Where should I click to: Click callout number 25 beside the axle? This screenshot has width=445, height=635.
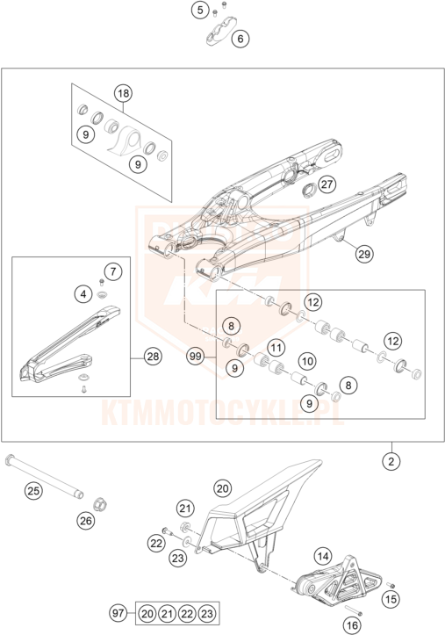(33, 491)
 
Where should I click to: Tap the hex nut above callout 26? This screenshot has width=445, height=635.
(98, 505)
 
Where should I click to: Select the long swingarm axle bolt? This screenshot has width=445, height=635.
(44, 477)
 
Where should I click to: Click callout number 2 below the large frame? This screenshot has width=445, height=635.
(391, 461)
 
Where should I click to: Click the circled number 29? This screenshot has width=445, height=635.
(364, 254)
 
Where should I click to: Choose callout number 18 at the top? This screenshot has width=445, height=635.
(124, 94)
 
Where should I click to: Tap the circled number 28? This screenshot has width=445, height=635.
(153, 357)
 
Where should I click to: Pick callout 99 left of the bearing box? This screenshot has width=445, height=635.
(196, 357)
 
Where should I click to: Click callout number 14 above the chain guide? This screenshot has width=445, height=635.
(323, 556)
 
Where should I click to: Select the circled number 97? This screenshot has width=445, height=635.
(118, 613)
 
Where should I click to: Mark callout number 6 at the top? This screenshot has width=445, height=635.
(240, 39)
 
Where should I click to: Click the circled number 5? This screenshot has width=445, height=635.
(200, 10)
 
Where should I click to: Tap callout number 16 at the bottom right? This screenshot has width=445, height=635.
(352, 625)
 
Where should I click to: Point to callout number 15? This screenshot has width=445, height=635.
(391, 599)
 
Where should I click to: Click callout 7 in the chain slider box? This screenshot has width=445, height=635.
(113, 271)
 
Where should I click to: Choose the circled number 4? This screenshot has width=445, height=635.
(83, 293)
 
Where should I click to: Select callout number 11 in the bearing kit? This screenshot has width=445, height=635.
(276, 348)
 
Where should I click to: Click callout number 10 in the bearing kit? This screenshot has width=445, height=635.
(307, 361)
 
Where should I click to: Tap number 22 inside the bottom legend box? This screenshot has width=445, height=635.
(187, 614)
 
